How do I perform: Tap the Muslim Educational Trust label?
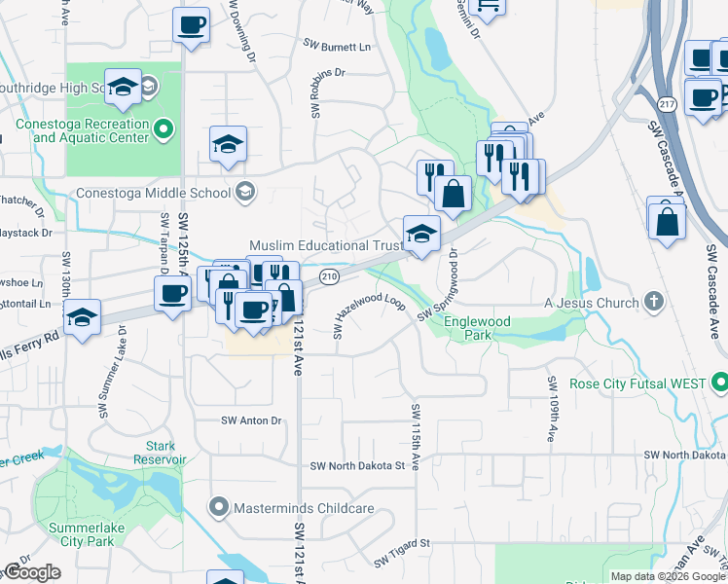coord(325,246)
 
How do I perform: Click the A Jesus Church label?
coord(592,303)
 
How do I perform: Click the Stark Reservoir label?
coord(161,452)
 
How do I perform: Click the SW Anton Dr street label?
coord(251,420)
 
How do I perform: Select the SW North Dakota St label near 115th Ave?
coord(357,465)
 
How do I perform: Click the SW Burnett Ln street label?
coord(338,46)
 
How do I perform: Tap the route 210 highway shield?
coord(329,277)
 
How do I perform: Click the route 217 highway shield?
coord(666,103)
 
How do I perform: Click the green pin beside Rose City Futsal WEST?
coord(719,381)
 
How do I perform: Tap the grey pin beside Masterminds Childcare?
coord(219,508)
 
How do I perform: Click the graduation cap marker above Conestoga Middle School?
coord(228,145)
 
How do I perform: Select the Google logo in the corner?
coord(31,572)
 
